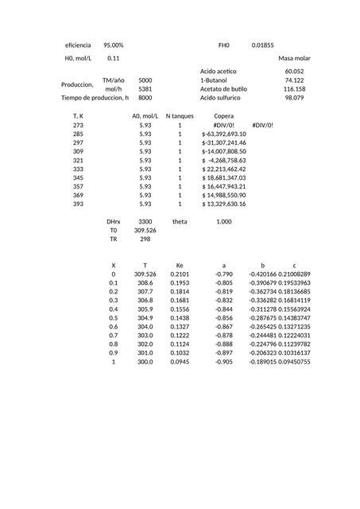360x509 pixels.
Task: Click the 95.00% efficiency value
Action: point(113,45)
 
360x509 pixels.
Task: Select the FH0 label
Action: point(223,45)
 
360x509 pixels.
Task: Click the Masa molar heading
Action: point(294,58)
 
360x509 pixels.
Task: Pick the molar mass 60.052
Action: point(294,72)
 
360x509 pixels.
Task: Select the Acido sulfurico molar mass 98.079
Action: point(294,98)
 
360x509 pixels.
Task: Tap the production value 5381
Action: point(145,89)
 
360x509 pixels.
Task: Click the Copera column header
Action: point(224,116)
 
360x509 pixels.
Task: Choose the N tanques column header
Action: point(180,116)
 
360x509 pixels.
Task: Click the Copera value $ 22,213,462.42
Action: point(224,169)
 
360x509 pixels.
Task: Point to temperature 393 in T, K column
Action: point(78,204)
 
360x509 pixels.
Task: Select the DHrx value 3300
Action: point(145,221)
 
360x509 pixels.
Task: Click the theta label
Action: point(180,221)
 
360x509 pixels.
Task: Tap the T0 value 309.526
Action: point(145,230)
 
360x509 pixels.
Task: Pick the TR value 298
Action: point(145,239)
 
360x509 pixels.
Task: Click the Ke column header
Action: point(180,265)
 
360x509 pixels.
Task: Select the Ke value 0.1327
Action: point(180,326)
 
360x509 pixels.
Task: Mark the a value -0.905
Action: point(223,361)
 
